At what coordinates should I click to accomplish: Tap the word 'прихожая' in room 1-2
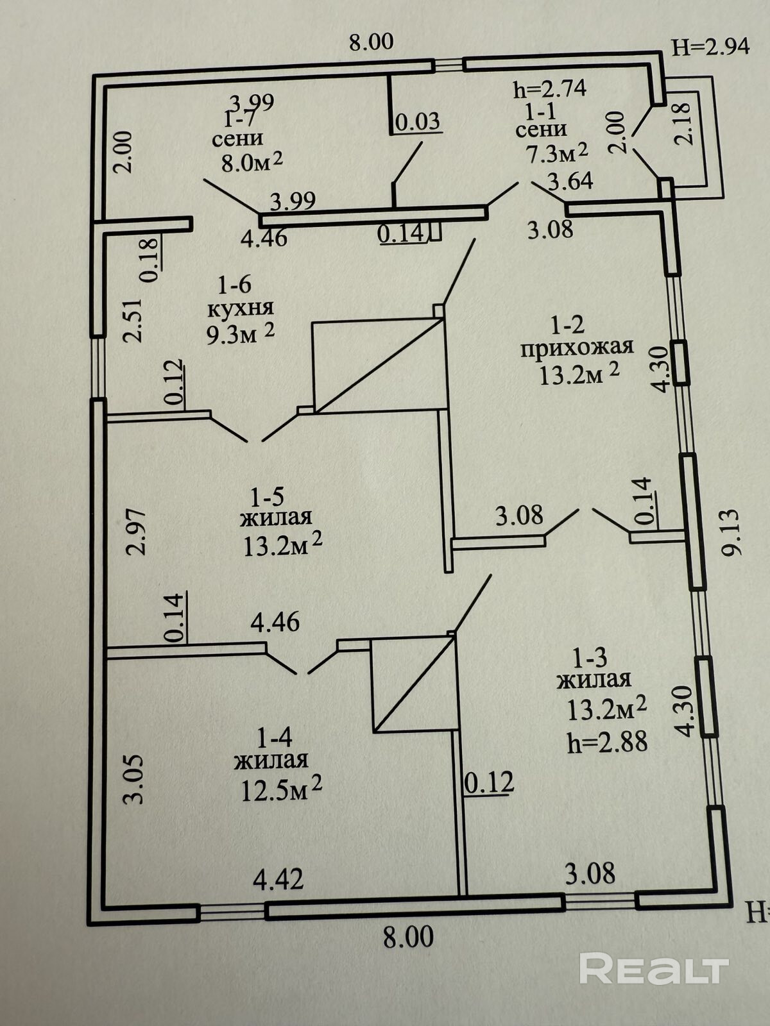(x=577, y=347)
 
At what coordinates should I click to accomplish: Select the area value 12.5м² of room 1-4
(x=281, y=790)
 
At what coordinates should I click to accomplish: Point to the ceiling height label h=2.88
(x=607, y=742)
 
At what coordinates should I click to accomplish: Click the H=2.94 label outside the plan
(x=710, y=46)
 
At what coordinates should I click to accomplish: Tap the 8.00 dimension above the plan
(x=371, y=42)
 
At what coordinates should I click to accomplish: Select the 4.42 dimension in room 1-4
(x=278, y=879)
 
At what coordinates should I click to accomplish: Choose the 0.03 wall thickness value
(x=417, y=121)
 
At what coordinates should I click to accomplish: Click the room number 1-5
(x=267, y=496)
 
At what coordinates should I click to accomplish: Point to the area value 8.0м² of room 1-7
(x=252, y=161)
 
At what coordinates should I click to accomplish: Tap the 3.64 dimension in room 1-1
(x=570, y=181)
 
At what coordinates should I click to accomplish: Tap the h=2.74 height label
(x=550, y=89)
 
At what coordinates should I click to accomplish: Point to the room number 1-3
(x=589, y=657)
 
